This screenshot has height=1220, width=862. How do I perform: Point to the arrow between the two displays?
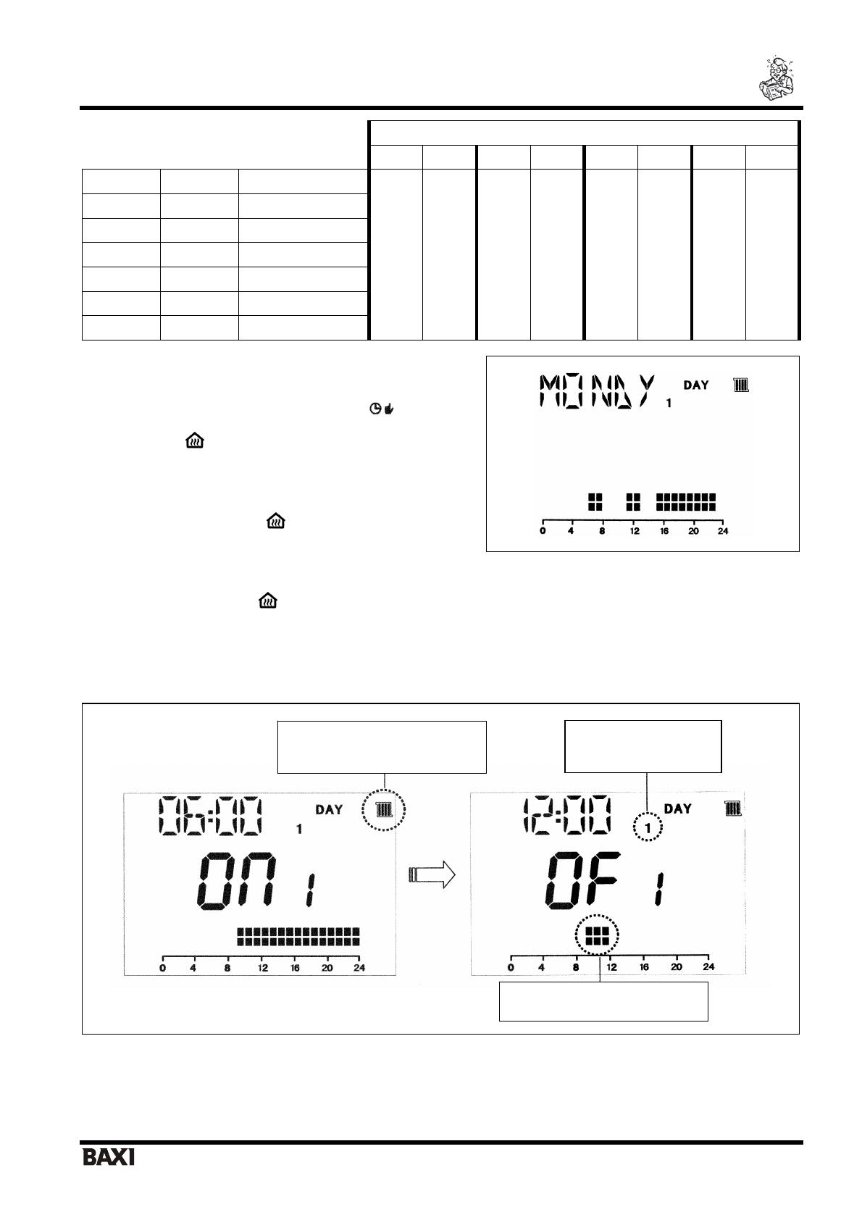[432, 874]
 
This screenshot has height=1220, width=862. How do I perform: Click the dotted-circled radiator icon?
[385, 810]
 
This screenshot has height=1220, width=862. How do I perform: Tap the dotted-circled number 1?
[649, 827]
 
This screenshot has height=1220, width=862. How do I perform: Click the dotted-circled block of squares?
[598, 937]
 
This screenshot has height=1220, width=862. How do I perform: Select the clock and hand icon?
[381, 409]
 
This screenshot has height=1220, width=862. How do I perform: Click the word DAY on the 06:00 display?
[329, 809]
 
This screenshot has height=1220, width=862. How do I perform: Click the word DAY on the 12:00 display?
[678, 808]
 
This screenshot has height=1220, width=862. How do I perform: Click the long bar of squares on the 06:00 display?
[298, 936]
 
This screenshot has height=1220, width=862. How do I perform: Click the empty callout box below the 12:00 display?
[603, 1001]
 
